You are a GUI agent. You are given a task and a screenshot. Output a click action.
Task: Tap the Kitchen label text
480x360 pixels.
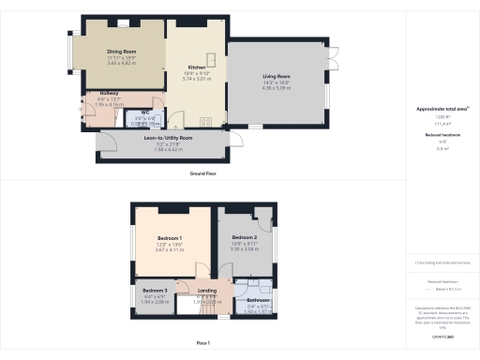point(197,68)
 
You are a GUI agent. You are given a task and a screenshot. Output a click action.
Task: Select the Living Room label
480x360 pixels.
point(275,77)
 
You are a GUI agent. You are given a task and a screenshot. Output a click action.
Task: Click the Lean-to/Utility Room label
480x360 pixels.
point(168,138)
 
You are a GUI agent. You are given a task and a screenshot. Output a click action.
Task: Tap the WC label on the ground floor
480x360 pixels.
point(146,112)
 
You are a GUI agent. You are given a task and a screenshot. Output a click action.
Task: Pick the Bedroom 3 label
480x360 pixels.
point(155,291)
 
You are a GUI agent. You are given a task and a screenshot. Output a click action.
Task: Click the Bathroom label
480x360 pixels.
point(258,300)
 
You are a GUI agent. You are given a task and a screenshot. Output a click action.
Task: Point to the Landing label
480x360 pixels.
point(207,291)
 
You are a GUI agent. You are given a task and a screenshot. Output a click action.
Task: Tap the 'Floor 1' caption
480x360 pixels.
point(203,344)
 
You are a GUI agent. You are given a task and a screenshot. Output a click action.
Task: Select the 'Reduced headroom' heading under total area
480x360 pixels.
point(442,135)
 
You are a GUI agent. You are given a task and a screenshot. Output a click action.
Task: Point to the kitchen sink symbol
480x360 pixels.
point(213,62)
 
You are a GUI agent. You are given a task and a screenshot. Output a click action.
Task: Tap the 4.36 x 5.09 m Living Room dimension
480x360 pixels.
point(275,88)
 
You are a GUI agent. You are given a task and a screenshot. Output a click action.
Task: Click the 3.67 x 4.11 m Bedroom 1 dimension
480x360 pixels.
point(170,249)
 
